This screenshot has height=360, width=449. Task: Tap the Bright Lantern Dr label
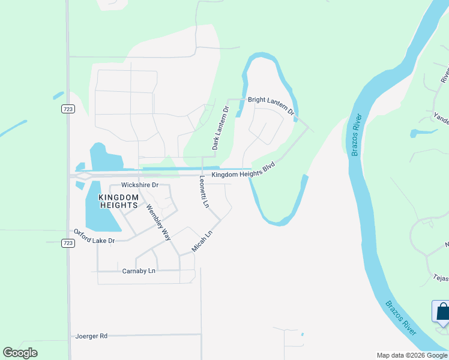pyautogui.click(x=271, y=105)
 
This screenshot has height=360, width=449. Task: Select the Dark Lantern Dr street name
pyautogui.click(x=220, y=128)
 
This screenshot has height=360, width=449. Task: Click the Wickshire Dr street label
pyautogui.click(x=139, y=185)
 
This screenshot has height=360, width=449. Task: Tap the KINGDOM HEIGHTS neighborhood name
pyautogui.click(x=119, y=201)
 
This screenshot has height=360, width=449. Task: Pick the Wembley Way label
pyautogui.click(x=157, y=222)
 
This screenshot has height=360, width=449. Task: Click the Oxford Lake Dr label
pyautogui.click(x=94, y=236)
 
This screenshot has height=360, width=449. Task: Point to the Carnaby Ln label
pyautogui.click(x=138, y=271)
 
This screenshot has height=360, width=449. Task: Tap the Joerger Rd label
pyautogui.click(x=91, y=336)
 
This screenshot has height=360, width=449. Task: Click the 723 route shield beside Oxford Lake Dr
pyautogui.click(x=67, y=243)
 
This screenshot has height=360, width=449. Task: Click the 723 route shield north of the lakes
pyautogui.click(x=67, y=109)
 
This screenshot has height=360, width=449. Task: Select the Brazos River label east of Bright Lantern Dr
pyautogui.click(x=356, y=134)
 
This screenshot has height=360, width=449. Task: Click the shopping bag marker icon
pyautogui.click(x=442, y=312)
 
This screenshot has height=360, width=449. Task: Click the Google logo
pyautogui.click(x=20, y=353)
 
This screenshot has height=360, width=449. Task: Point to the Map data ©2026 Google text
pyautogui.click(x=411, y=355)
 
